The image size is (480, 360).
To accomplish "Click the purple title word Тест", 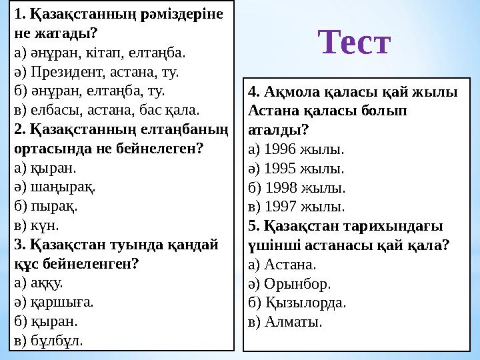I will pyautogui.click(x=354, y=42).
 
